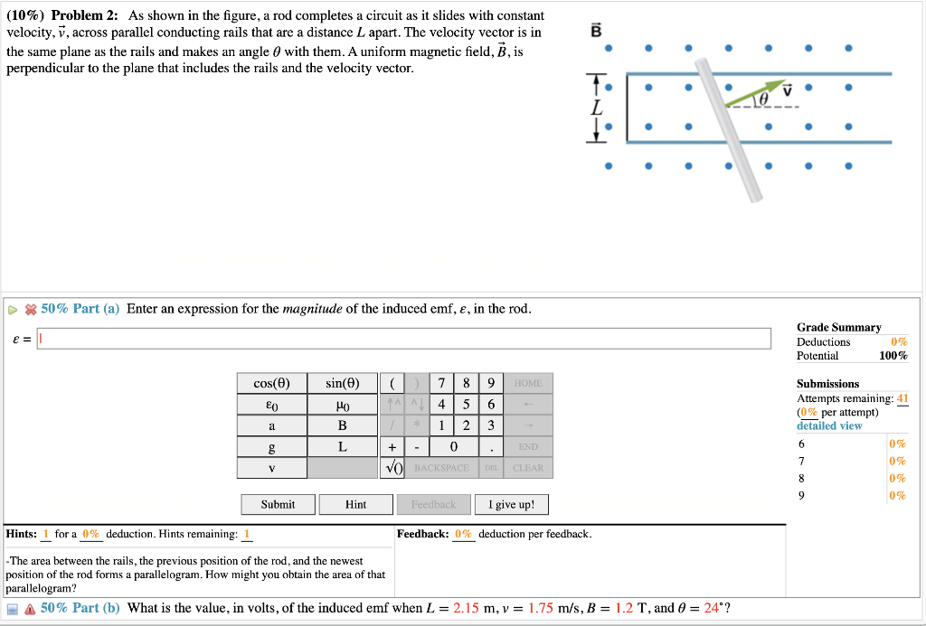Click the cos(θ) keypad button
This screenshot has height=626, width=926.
(271, 383)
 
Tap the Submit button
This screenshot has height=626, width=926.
(278, 504)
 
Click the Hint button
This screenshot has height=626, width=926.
(355, 504)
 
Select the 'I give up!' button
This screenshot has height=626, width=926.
(511, 504)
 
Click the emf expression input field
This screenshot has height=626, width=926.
(404, 338)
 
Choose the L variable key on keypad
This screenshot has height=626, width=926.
(342, 446)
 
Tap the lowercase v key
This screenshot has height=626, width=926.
(271, 468)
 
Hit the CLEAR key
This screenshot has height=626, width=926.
(528, 468)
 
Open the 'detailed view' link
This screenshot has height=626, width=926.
(828, 425)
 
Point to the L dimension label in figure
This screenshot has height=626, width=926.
(595, 107)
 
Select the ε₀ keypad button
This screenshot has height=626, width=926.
(271, 405)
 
